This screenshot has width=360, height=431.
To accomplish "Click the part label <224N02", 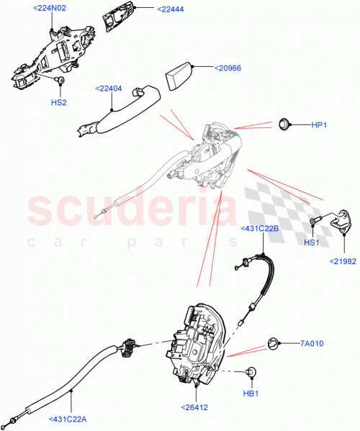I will click(50, 9).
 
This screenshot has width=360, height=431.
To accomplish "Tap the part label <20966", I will click(229, 68).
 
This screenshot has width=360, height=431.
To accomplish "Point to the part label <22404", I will click(108, 89).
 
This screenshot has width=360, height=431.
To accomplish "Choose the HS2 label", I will click(59, 102).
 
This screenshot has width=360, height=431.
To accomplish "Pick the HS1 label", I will click(311, 243).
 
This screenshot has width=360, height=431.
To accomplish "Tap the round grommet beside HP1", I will click(284, 124).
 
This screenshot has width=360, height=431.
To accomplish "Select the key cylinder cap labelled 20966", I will click(180, 74).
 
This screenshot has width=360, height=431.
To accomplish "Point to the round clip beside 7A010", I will click(274, 343).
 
